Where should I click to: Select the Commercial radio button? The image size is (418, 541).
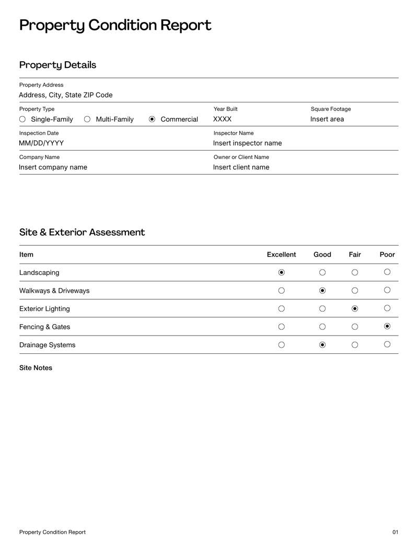[x=152, y=119]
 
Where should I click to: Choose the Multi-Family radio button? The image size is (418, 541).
[x=87, y=119]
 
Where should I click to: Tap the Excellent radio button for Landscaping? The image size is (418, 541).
[x=282, y=272]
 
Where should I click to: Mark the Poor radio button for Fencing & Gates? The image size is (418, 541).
[x=387, y=326]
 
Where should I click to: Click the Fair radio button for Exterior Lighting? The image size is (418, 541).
[x=355, y=308]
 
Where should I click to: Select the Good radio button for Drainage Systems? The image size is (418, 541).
[x=322, y=344]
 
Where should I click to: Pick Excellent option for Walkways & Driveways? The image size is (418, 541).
[x=282, y=290]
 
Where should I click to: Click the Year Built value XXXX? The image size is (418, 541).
[x=222, y=119]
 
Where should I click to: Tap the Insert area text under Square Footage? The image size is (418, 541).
[x=327, y=119]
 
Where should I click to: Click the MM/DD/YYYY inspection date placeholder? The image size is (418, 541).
[x=41, y=143]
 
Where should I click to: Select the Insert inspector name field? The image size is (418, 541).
[x=248, y=143]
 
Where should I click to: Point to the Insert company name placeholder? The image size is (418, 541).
[x=53, y=167]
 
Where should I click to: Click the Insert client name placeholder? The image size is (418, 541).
[x=241, y=167]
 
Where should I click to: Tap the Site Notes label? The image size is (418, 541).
[x=36, y=368]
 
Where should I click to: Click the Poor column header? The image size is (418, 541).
[x=387, y=255]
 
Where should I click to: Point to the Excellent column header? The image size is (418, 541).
[x=281, y=255]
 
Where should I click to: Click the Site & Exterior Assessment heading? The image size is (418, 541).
[x=82, y=232]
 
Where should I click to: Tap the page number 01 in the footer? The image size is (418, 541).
[x=395, y=532]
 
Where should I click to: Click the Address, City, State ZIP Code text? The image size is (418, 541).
[x=66, y=95]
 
